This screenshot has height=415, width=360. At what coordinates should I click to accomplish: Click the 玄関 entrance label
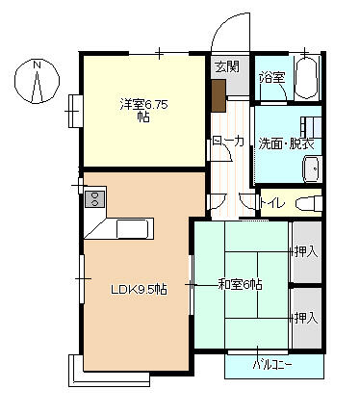[x=226, y=67]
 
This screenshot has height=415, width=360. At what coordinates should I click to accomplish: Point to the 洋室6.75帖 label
[x=144, y=110]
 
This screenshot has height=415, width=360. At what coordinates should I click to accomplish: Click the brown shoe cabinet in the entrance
[x=219, y=93]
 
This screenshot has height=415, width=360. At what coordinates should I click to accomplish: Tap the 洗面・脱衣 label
[x=288, y=143]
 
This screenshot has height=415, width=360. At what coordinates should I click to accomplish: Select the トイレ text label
[x=271, y=203]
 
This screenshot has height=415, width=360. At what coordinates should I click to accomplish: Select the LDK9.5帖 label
[x=138, y=289]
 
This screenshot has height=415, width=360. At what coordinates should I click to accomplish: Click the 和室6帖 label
[x=240, y=284]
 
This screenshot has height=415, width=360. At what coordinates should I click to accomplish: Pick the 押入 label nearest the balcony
[x=306, y=318]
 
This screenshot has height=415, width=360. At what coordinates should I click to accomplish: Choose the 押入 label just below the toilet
[x=306, y=251]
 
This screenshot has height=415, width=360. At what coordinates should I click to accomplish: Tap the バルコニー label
[x=272, y=366]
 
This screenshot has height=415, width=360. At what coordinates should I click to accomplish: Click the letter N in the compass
[x=37, y=65]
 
